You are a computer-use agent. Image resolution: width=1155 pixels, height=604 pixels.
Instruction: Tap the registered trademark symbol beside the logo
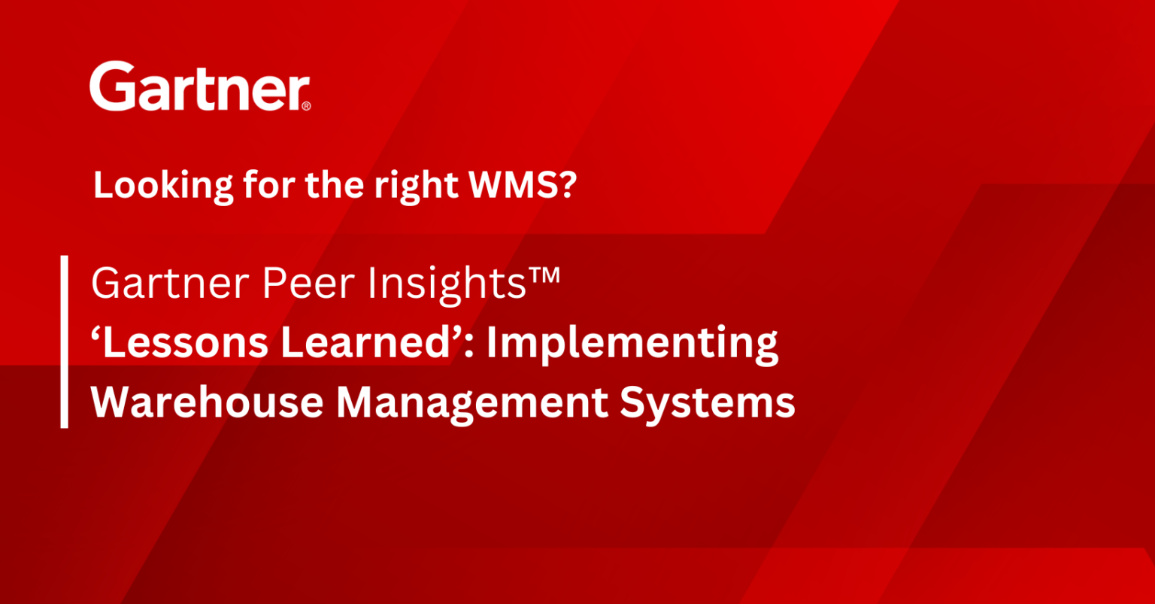tap(305, 107)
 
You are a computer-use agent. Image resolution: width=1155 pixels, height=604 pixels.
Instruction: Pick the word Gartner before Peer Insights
tap(161, 284)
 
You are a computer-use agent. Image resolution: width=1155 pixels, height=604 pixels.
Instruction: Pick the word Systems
tap(708, 403)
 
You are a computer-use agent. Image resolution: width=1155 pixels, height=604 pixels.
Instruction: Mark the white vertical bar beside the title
tap(65, 341)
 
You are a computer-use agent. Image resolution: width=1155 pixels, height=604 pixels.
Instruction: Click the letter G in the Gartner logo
tap(112, 87)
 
